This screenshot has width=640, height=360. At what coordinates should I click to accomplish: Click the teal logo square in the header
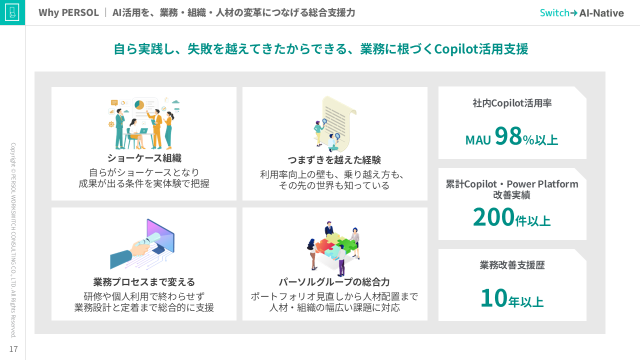pos(12,12)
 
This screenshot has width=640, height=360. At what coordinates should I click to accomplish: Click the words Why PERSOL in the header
pos(68,13)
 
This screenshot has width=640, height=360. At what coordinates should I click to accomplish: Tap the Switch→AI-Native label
pos(581,13)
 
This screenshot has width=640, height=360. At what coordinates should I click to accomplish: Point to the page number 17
pos(13,349)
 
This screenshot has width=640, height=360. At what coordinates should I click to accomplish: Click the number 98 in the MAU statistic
pos(508,136)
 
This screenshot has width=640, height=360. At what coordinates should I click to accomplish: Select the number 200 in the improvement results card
pos(493,217)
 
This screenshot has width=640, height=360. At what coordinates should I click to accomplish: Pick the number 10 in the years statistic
pos(493,297)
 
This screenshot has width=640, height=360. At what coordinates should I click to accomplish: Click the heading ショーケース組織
pos(144,158)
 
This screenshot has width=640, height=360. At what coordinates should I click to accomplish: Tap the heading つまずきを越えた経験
pos(334,160)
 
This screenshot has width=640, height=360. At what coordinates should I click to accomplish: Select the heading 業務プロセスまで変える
pos(144,282)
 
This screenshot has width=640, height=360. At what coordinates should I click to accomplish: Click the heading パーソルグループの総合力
pos(334,282)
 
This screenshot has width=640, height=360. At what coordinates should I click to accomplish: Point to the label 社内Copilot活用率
pos(512,103)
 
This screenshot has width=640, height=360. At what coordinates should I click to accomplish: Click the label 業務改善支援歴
pos(512,265)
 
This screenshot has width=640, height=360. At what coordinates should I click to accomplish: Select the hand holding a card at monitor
pos(142,244)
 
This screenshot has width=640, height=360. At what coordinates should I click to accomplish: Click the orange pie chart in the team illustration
pos(139,105)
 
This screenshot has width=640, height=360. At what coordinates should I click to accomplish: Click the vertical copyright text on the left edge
pos(13,240)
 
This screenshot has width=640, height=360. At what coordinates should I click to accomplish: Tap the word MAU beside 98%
pos(478,140)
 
